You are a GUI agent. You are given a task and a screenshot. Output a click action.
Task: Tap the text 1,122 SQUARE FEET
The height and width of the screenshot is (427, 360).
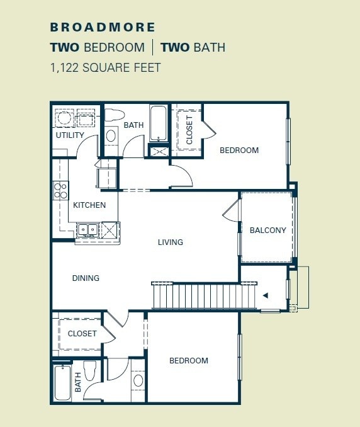(x=105, y=67)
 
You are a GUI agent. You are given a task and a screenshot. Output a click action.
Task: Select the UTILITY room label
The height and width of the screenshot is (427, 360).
(x=69, y=135)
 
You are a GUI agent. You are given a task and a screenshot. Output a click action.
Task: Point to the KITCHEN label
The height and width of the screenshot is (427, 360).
(x=89, y=205)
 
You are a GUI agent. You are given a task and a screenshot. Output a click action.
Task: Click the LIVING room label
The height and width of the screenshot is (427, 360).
(x=170, y=242)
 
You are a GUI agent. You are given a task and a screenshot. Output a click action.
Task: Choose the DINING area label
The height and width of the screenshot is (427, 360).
(x=86, y=278)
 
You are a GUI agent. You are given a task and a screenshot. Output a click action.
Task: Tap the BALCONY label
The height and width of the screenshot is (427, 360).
(x=267, y=231)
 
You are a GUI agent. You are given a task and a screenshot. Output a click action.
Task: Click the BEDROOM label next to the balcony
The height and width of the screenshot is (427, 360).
(x=239, y=151)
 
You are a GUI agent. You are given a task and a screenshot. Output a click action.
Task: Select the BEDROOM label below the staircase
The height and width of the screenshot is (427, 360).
(x=188, y=361)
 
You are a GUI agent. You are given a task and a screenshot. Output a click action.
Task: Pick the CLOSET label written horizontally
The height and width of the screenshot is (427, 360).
(x=82, y=334)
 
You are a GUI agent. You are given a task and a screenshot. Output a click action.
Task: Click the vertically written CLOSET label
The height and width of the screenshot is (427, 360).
(x=189, y=130)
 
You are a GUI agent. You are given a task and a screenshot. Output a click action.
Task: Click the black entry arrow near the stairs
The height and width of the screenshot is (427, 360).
(x=266, y=295)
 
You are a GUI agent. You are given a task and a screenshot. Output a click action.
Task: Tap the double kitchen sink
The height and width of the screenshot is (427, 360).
(x=87, y=230)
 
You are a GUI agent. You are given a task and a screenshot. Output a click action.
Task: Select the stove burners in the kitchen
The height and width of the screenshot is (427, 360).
(x=60, y=190)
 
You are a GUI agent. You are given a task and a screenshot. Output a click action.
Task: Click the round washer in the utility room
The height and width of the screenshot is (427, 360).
(x=63, y=118)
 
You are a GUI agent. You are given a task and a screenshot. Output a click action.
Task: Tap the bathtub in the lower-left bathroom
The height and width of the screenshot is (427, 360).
(x=62, y=383)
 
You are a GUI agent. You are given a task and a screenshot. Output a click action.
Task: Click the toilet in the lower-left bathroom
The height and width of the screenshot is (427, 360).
(x=89, y=372)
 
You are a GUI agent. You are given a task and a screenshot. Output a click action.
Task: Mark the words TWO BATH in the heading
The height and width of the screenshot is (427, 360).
(x=193, y=47)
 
